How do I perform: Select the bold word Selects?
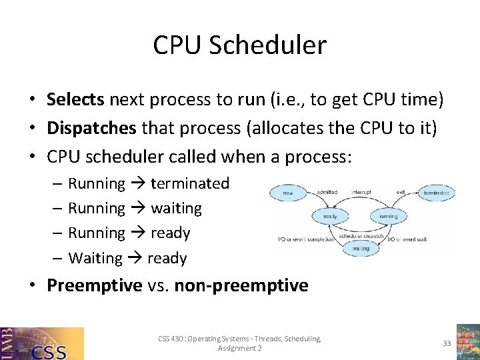(x=75, y=100)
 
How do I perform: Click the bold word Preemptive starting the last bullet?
(x=94, y=286)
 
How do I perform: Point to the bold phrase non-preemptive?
(x=241, y=286)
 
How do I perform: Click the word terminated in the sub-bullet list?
(x=190, y=183)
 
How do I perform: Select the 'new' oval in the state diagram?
(x=288, y=193)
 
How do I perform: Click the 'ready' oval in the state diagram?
(x=329, y=216)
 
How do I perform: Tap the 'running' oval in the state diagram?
(x=388, y=216)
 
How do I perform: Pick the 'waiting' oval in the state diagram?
(x=361, y=247)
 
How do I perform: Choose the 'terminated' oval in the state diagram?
(x=437, y=193)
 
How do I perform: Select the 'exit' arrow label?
(x=401, y=191)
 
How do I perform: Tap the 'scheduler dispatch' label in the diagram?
(x=360, y=235)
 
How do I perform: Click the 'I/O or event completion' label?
(x=306, y=239)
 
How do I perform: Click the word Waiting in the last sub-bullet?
(x=95, y=258)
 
